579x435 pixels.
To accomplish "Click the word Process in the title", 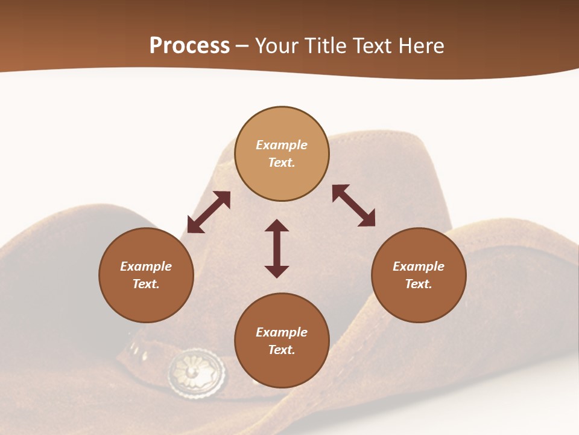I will click(x=189, y=46).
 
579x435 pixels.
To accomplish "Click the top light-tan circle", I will click(x=282, y=153).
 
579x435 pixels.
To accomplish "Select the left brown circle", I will click(x=146, y=275).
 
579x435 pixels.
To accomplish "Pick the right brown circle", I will click(x=418, y=275).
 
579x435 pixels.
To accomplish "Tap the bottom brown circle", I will click(x=282, y=340).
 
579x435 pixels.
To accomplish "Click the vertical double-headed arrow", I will click(x=277, y=248).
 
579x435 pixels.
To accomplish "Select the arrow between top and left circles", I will click(x=209, y=212).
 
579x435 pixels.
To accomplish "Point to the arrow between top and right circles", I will click(x=354, y=205).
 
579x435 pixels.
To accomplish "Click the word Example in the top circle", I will click(x=282, y=145).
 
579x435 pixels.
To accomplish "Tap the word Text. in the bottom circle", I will click(x=282, y=350).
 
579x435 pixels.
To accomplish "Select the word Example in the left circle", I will click(x=146, y=266).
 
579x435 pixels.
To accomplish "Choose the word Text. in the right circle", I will click(x=418, y=284).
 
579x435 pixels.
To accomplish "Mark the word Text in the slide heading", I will click(x=370, y=46).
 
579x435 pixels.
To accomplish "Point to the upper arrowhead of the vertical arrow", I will click(x=277, y=225).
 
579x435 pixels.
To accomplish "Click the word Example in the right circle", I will click(x=418, y=266).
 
